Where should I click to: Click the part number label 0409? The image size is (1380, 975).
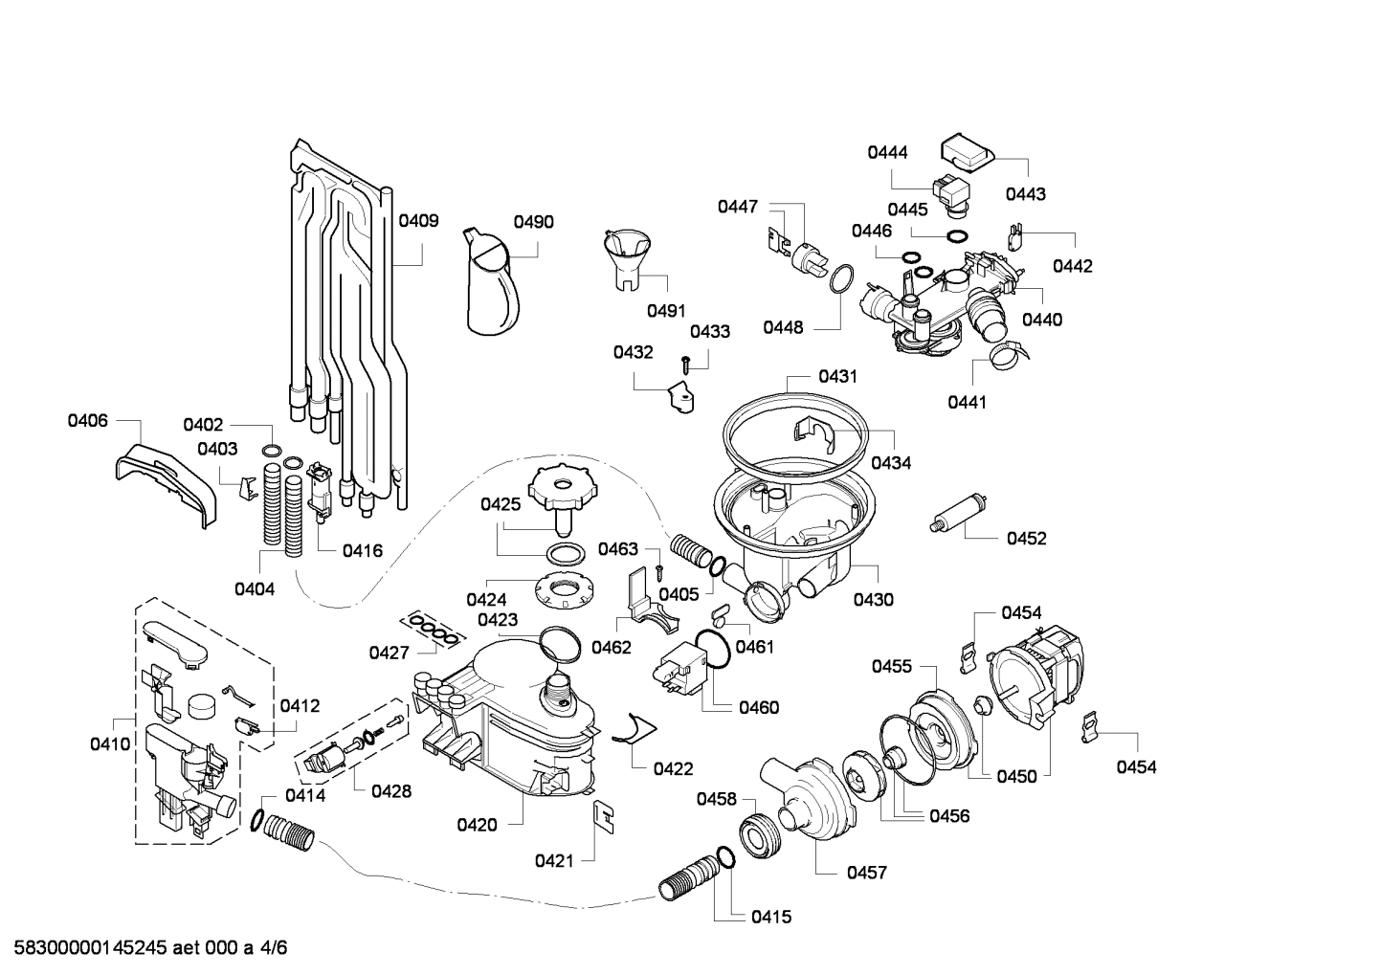(x=418, y=221)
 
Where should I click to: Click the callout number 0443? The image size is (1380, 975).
(x=1025, y=194)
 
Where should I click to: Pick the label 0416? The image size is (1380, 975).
(x=362, y=550)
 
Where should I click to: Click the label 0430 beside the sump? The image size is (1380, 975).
(x=873, y=600)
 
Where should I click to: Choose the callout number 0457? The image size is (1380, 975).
(x=866, y=872)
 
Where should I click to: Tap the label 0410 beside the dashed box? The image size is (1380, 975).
(x=110, y=743)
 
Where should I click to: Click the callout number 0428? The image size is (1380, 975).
(x=390, y=790)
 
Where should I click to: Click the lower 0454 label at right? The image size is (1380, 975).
(x=1136, y=766)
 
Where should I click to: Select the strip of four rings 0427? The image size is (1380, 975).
(x=432, y=630)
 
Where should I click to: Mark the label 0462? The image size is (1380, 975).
(x=611, y=648)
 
